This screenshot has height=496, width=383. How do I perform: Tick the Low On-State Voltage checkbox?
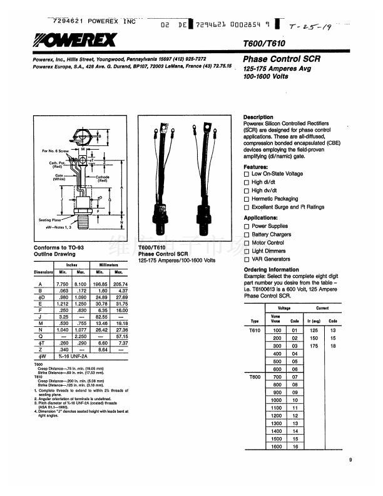point(247,173)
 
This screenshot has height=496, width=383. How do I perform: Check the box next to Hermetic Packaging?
point(247,199)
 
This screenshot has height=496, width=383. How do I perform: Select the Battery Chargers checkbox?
point(247,235)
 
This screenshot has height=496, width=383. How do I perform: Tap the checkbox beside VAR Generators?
point(247,259)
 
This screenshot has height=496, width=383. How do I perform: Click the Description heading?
point(258,117)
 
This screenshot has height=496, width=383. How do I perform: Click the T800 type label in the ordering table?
point(253,377)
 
